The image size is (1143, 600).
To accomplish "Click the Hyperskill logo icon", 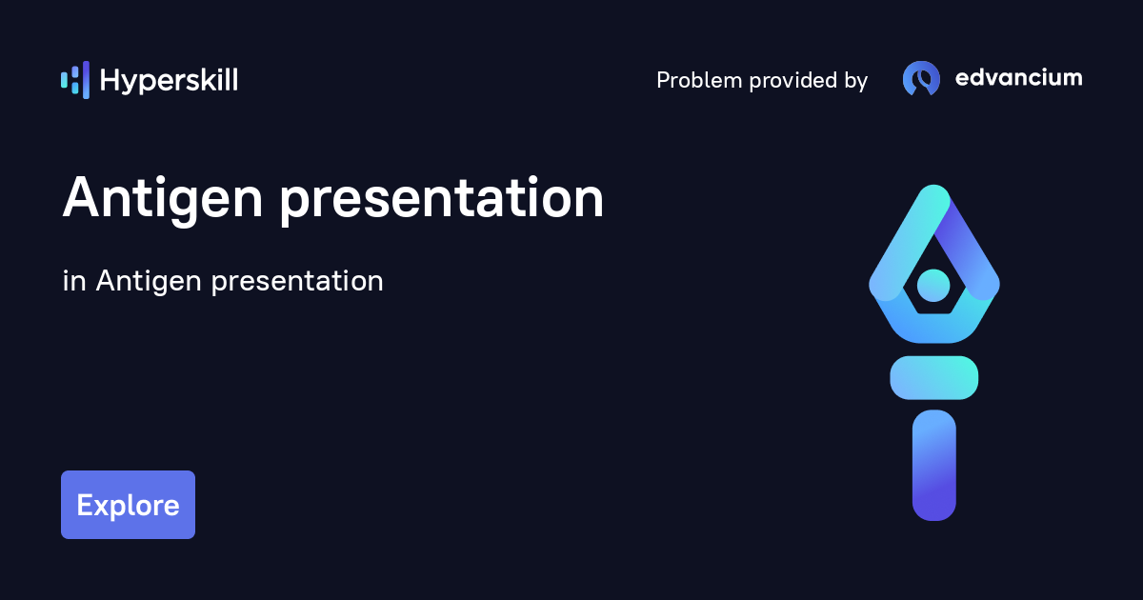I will (74, 80).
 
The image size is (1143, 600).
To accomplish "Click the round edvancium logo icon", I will (921, 79).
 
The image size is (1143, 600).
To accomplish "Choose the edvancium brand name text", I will (1018, 78).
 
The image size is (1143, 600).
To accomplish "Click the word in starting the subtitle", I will (72, 281).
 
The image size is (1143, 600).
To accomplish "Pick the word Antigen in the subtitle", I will (149, 283).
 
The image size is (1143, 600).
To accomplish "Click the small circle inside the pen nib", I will (933, 284).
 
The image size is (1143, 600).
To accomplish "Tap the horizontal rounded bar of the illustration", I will (933, 377).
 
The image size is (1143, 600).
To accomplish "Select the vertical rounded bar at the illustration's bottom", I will (933, 465).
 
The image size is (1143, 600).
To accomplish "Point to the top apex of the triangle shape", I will (933, 195).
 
